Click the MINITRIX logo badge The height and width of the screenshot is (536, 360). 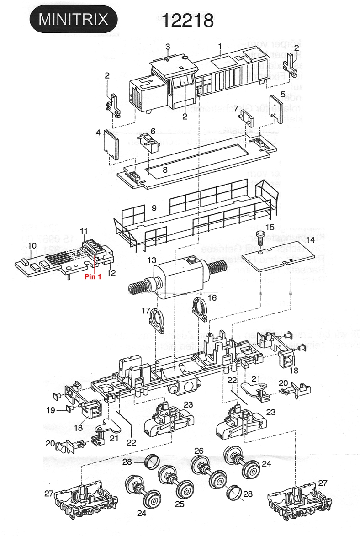pos(73,20)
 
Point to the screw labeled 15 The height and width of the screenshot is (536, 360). pos(260,237)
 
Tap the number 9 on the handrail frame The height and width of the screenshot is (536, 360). pos(154,208)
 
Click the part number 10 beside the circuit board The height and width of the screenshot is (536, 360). pos(32,245)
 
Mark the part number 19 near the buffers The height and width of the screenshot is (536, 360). pos(50,410)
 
